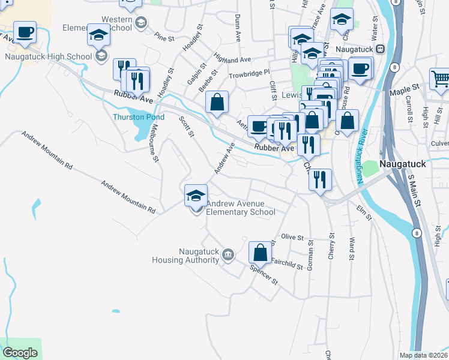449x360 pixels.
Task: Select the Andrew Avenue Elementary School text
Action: coord(241,208)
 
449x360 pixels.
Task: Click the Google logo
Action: coord(20,353)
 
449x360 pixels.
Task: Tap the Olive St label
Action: coord(292,238)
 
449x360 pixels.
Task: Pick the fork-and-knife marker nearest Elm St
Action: coord(320,179)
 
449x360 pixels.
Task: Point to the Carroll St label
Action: coord(409,107)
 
